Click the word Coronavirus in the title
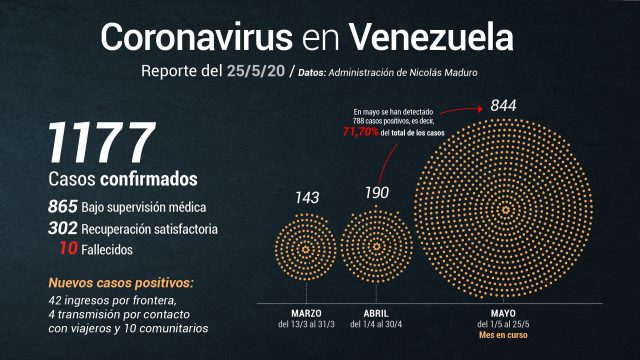point(196,37)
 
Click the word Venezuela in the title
point(431,37)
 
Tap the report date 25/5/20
point(256,71)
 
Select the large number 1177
point(102,142)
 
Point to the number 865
point(62,207)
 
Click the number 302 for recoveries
point(62,228)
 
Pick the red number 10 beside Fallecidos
point(68,248)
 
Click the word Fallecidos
point(107,249)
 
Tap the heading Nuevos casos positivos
point(121,283)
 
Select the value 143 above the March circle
point(307,198)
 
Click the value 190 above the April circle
point(377,193)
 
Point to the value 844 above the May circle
point(503,105)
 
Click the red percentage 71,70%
point(361,132)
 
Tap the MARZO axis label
point(306,313)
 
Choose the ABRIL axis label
point(376,313)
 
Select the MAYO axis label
point(503,313)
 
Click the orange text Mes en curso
point(503,335)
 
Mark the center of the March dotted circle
point(306,249)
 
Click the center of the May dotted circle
point(505,210)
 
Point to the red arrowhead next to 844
point(480,109)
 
